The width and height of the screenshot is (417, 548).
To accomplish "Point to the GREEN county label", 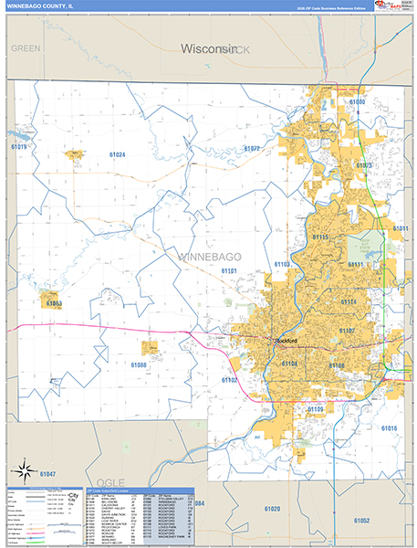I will pyautogui.click(x=26, y=47).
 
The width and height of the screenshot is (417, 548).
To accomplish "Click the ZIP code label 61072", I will pyautogui.click(x=251, y=149).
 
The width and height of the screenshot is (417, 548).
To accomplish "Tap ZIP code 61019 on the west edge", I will pyautogui.click(x=18, y=146).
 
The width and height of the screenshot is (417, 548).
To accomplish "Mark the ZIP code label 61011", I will pyautogui.click(x=400, y=228).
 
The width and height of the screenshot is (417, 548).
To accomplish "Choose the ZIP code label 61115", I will pyautogui.click(x=320, y=237).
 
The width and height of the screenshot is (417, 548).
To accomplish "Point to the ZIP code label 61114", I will pyautogui.click(x=349, y=301).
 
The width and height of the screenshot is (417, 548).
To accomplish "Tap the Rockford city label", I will pyautogui.click(x=287, y=341).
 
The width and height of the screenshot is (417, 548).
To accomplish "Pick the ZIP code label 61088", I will pyautogui.click(x=139, y=365).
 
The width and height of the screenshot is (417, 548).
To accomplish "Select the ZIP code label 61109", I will pyautogui.click(x=315, y=408).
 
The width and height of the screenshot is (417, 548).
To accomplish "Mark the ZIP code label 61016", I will pyautogui.click(x=389, y=428).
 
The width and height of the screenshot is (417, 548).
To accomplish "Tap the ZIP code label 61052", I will pyautogui.click(x=361, y=521).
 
